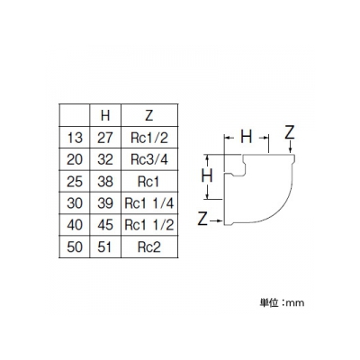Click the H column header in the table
click(x=105, y=115)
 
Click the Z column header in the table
click(x=149, y=115)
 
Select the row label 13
click(x=75, y=138)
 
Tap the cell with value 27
click(x=105, y=138)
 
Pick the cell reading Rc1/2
click(x=149, y=138)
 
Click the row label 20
click(x=75, y=159)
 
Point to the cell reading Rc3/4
click(x=149, y=159)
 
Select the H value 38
click(x=105, y=182)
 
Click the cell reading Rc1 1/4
click(x=149, y=203)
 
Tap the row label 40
click(x=75, y=225)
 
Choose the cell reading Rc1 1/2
click(x=149, y=225)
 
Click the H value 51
click(x=104, y=247)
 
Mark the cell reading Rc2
click(x=149, y=247)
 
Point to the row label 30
click(x=75, y=203)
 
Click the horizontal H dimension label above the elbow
click(x=247, y=137)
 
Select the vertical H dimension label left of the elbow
click(x=207, y=175)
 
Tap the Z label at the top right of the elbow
click(x=290, y=132)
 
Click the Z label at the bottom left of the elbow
click(x=203, y=219)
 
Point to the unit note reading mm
click(x=295, y=303)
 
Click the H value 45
click(x=105, y=225)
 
